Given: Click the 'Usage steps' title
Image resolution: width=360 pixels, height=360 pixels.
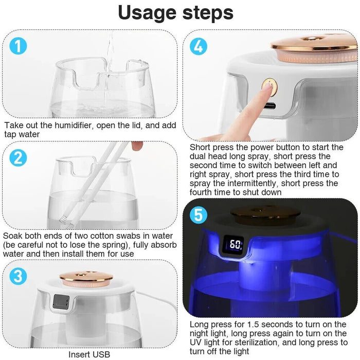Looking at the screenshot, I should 176,12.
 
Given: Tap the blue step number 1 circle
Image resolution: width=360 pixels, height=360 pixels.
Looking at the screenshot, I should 19,47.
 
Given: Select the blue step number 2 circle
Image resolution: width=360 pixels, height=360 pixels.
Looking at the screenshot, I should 19,158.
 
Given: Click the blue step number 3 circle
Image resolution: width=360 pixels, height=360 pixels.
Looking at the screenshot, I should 19,276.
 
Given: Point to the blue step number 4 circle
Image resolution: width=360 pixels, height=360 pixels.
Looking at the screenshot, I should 199,47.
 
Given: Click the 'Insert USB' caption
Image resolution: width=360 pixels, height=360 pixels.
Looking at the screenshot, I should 89,354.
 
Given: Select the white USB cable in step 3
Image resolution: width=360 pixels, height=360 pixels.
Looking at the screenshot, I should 149,308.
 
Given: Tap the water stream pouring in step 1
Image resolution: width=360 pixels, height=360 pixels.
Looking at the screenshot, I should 109,57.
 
